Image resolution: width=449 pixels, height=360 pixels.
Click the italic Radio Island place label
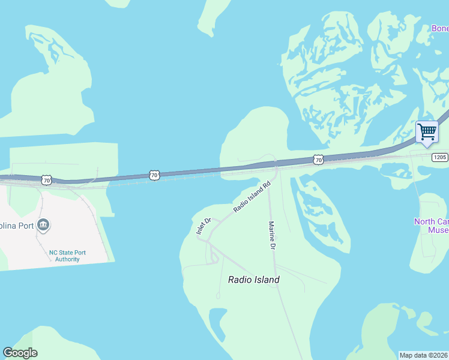pyautogui.click(x=253, y=280)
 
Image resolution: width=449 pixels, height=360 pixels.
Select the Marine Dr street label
pyautogui.click(x=272, y=235)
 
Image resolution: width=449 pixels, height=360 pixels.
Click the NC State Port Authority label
pyautogui.click(x=67, y=256)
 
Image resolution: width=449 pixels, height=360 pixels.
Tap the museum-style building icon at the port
pyautogui.click(x=43, y=226)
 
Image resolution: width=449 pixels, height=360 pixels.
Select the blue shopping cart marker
pyautogui.click(x=427, y=132)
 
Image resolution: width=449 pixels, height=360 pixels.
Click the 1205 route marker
pyautogui.click(x=439, y=157)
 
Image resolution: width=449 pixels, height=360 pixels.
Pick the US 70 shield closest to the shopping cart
pyautogui.click(x=318, y=160)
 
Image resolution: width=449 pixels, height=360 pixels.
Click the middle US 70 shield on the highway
pyautogui.click(x=155, y=175)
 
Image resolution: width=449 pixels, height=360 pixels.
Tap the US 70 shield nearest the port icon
pyautogui.click(x=47, y=180)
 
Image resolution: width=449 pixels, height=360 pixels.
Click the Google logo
pyautogui.click(x=20, y=353)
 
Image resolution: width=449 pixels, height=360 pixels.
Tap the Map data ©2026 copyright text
pyautogui.click(x=424, y=355)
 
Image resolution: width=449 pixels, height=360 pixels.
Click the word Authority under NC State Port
pyautogui.click(x=67, y=259)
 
